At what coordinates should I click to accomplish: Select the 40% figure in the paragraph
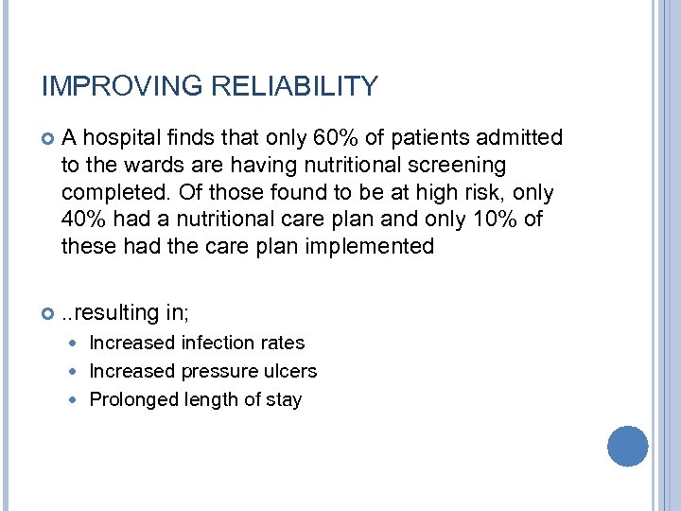(81, 220)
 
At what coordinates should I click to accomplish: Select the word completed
(108, 193)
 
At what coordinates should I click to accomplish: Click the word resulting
(116, 313)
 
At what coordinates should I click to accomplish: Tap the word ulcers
(291, 371)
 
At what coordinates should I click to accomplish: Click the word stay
(283, 399)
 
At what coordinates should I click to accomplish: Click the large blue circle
(627, 446)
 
